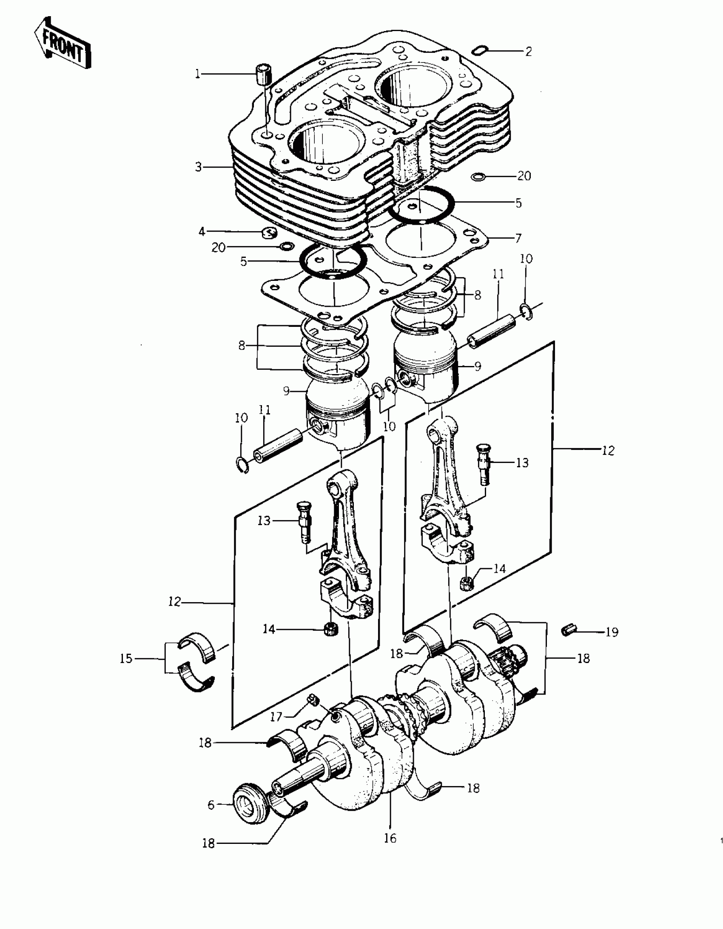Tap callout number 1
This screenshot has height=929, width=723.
(x=197, y=74)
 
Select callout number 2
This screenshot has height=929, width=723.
(x=528, y=51)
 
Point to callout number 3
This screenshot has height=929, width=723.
(x=199, y=167)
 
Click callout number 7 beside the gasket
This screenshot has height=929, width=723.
(x=518, y=238)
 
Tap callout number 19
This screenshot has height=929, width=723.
(x=612, y=632)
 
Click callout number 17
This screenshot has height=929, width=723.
(x=276, y=717)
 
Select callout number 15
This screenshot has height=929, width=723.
(x=126, y=659)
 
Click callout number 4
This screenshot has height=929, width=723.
(x=202, y=232)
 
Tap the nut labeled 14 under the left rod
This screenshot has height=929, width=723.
(x=330, y=629)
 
